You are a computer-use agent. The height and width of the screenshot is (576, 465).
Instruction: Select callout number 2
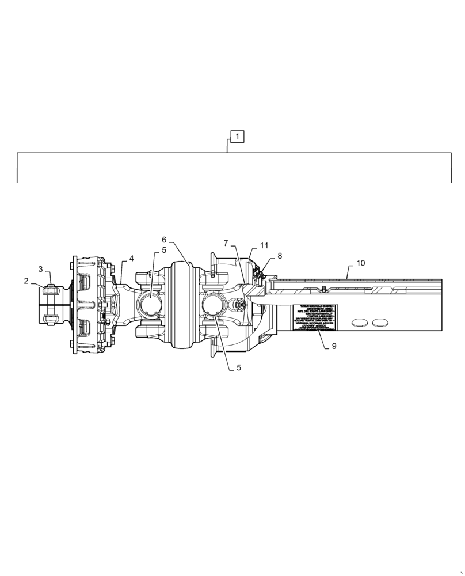(26, 281)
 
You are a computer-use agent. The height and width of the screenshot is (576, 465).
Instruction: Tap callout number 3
(41, 269)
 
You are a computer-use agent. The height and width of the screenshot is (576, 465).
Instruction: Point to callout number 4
(131, 259)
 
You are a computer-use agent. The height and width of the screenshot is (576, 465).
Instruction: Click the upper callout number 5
(164, 250)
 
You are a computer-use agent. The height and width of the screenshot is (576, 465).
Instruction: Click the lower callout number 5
(238, 367)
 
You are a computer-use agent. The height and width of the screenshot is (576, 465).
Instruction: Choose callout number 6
(164, 240)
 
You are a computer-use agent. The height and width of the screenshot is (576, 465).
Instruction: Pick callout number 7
(226, 244)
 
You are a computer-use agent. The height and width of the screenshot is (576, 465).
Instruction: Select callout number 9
(334, 346)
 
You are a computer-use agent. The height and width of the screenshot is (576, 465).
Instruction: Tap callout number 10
(360, 263)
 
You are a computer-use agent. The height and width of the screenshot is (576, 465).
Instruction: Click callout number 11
(264, 245)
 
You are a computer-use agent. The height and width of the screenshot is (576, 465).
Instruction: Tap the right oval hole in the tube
(380, 322)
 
